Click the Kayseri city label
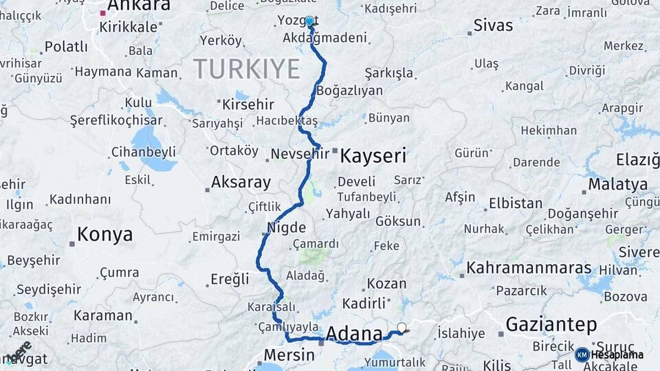(373, 155)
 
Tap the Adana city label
(354, 334)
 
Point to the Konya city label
(104, 234)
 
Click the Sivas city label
(493, 25)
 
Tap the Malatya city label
(618, 185)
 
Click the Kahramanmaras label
(529, 267)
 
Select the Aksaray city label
(241, 183)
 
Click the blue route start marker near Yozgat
(309, 21)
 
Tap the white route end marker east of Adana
(401, 328)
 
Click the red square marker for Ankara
(103, 12)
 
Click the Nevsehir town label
(300, 153)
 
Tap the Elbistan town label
(516, 203)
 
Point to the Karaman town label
(103, 315)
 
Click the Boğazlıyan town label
(349, 91)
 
